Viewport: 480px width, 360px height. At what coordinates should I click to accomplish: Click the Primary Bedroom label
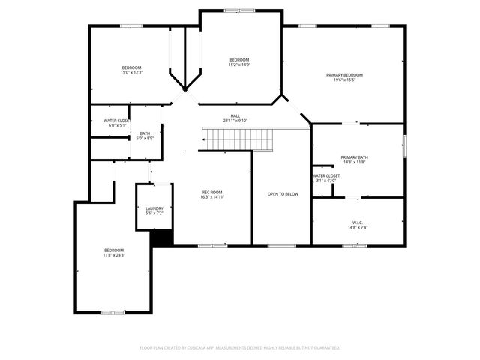pos(344,75)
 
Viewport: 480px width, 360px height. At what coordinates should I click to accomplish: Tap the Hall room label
pos(235,116)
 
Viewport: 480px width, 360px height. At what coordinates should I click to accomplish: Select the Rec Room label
pos(212,193)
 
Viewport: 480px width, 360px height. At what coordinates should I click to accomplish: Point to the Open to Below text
pos(283,193)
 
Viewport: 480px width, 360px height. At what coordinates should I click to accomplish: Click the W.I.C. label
pos(357,222)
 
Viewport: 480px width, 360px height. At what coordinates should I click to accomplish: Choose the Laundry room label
pos(154,209)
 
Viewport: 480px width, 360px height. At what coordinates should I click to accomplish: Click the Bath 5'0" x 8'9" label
pos(145,133)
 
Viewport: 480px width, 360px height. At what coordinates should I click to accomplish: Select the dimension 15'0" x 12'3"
pos(131,73)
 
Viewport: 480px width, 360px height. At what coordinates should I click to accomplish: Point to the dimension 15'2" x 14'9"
pos(239,64)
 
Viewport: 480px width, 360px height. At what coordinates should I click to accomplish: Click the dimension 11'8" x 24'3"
pos(114,255)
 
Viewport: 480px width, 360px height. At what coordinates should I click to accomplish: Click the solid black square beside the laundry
pos(162,236)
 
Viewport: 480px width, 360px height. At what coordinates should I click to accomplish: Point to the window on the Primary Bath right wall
pos(404,145)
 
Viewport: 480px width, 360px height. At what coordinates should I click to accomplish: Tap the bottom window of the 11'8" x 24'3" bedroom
pos(109,312)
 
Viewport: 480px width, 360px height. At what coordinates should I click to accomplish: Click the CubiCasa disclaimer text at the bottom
pos(240,347)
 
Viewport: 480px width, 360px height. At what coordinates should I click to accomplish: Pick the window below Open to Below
pos(280,245)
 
